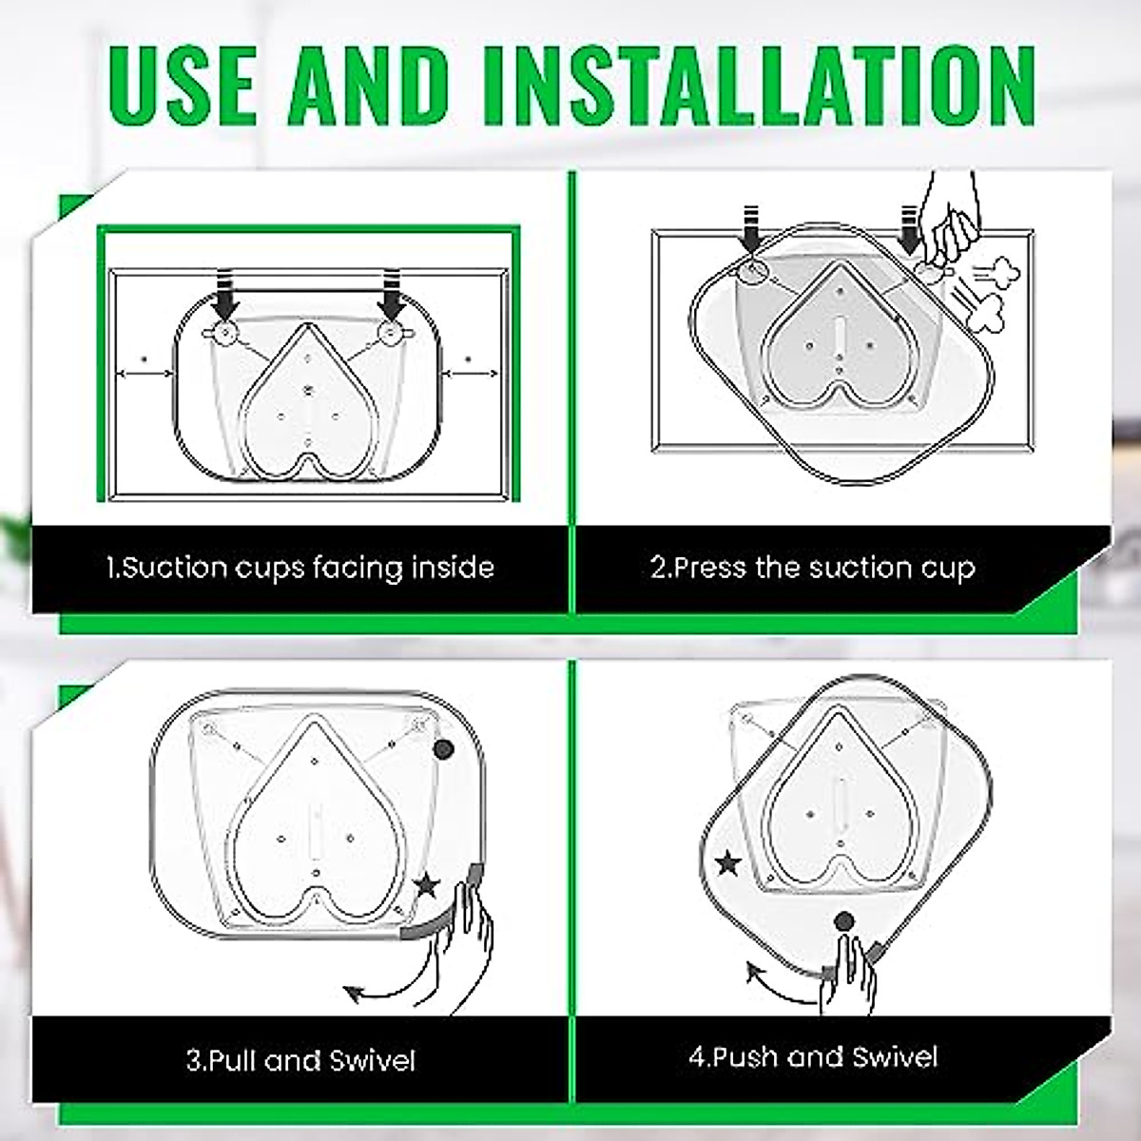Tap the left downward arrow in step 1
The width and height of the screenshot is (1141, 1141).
click(226, 292)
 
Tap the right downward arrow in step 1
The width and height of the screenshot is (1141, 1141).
click(390, 292)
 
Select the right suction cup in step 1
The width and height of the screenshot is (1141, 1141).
click(391, 335)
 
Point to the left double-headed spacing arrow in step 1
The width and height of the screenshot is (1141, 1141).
click(145, 373)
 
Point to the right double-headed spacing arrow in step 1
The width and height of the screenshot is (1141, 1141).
click(472, 373)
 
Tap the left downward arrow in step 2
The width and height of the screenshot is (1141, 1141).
click(751, 229)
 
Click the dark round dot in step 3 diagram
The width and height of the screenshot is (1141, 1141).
click(443, 749)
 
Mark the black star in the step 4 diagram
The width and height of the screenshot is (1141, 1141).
click(727, 864)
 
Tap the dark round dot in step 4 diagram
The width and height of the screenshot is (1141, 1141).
click(843, 921)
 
